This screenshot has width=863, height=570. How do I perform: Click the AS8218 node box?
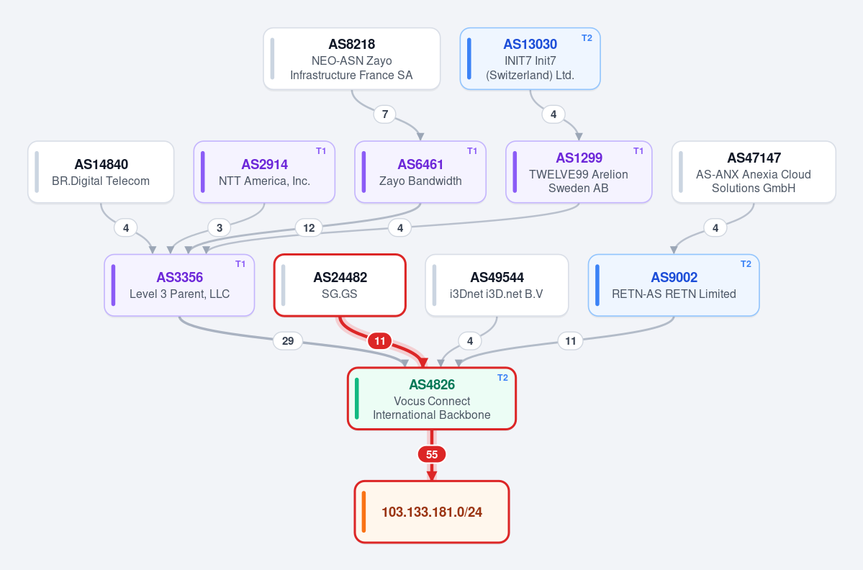coord(352,59)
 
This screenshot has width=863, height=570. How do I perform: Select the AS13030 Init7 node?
coord(530,59)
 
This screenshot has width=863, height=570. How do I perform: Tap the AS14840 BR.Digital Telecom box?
coord(101,172)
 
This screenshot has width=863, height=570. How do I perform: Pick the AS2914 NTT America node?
coord(264,172)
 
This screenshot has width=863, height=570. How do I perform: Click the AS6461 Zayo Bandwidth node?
coord(420,172)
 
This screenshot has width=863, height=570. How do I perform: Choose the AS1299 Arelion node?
coord(579,172)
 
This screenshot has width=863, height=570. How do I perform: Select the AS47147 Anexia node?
coord(754,172)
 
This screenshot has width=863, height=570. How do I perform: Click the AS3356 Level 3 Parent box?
coord(179,286)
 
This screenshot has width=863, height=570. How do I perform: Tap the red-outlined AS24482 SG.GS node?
coord(340,286)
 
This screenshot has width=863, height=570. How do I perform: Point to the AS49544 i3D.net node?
coord(497,286)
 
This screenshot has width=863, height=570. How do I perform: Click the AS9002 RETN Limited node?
coord(674,286)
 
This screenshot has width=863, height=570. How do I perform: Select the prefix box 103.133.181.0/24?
coord(432,512)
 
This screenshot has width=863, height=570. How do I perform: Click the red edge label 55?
coord(432,454)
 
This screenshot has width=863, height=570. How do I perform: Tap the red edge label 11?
coord(380,341)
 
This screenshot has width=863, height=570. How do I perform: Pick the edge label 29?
coord(288,341)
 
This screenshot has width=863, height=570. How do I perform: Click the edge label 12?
coord(309,227)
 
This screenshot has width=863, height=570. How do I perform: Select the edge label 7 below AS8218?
coord(385,114)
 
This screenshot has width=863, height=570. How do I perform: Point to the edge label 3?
coord(220,227)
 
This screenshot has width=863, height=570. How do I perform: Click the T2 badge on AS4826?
coord(502,377)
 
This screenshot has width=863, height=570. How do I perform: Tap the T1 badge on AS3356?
coord(240,264)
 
